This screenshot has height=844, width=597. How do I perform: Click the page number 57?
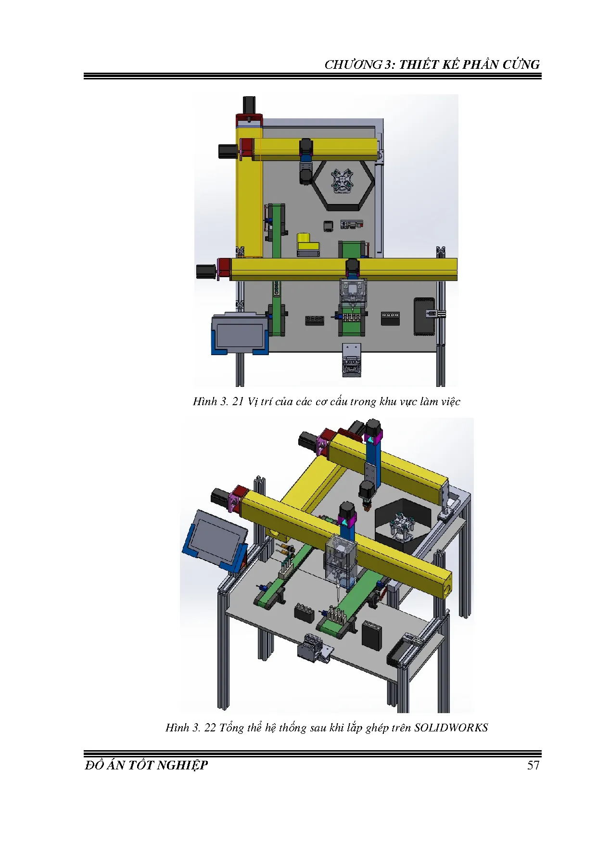(533, 765)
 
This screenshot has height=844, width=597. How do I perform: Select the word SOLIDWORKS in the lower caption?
(451, 727)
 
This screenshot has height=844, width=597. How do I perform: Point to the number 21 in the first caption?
(238, 401)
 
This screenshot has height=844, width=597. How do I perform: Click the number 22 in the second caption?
(210, 727)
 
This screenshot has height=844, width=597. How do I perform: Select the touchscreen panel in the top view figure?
(239, 334)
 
